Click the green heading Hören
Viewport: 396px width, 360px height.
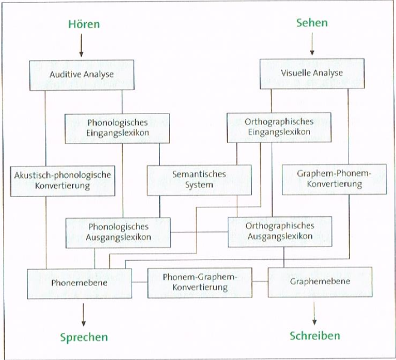click(x=84, y=24)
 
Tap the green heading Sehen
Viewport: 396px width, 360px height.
click(x=312, y=23)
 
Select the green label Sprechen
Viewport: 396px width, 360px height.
click(x=84, y=337)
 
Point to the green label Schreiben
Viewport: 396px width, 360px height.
click(x=315, y=336)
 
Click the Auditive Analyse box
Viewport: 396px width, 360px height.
click(x=82, y=75)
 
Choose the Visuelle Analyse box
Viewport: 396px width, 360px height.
click(x=312, y=73)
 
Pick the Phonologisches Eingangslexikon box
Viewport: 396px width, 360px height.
click(x=117, y=129)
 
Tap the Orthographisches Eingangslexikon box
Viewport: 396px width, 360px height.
click(x=279, y=127)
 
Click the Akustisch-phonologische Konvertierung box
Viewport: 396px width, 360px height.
click(x=62, y=181)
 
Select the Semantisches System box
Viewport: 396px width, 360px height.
click(x=200, y=180)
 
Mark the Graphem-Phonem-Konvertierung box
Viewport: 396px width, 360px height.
click(x=334, y=179)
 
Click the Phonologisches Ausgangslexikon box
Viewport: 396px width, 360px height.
click(x=118, y=233)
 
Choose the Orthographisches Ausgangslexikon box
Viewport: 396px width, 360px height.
click(x=280, y=231)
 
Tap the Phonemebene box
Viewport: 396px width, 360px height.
click(x=79, y=284)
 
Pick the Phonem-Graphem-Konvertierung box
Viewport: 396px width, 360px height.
click(x=200, y=282)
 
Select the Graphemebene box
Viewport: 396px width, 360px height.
click(x=320, y=282)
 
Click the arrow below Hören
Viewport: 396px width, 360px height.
click(x=81, y=46)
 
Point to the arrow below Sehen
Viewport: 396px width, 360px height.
click(x=312, y=44)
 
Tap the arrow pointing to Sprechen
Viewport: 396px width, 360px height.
click(x=84, y=315)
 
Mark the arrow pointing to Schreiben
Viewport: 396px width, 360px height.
click(x=314, y=313)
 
